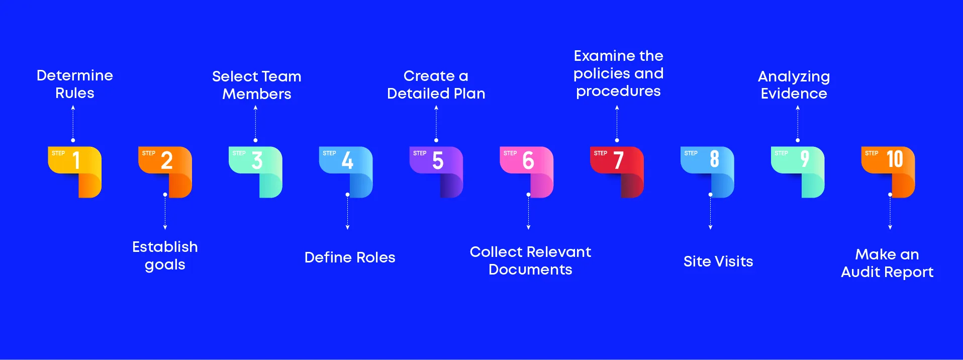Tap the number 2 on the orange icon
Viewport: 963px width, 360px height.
(166, 160)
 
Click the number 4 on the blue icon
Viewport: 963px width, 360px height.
(347, 160)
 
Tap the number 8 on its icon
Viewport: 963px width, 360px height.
(714, 159)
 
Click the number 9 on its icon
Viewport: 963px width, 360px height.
(805, 159)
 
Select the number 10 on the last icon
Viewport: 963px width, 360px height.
(895, 159)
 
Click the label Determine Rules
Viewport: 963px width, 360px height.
(75, 84)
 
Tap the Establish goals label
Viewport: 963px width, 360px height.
(165, 255)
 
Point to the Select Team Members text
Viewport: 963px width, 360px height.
(257, 85)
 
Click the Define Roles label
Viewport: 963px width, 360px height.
(350, 257)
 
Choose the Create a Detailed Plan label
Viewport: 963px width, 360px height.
(436, 84)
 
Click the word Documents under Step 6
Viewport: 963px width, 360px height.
(530, 269)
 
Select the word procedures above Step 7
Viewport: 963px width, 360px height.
(618, 91)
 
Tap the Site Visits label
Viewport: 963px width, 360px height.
(718, 261)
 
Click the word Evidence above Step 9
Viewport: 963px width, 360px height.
(794, 94)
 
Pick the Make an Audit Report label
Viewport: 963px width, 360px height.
(887, 263)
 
